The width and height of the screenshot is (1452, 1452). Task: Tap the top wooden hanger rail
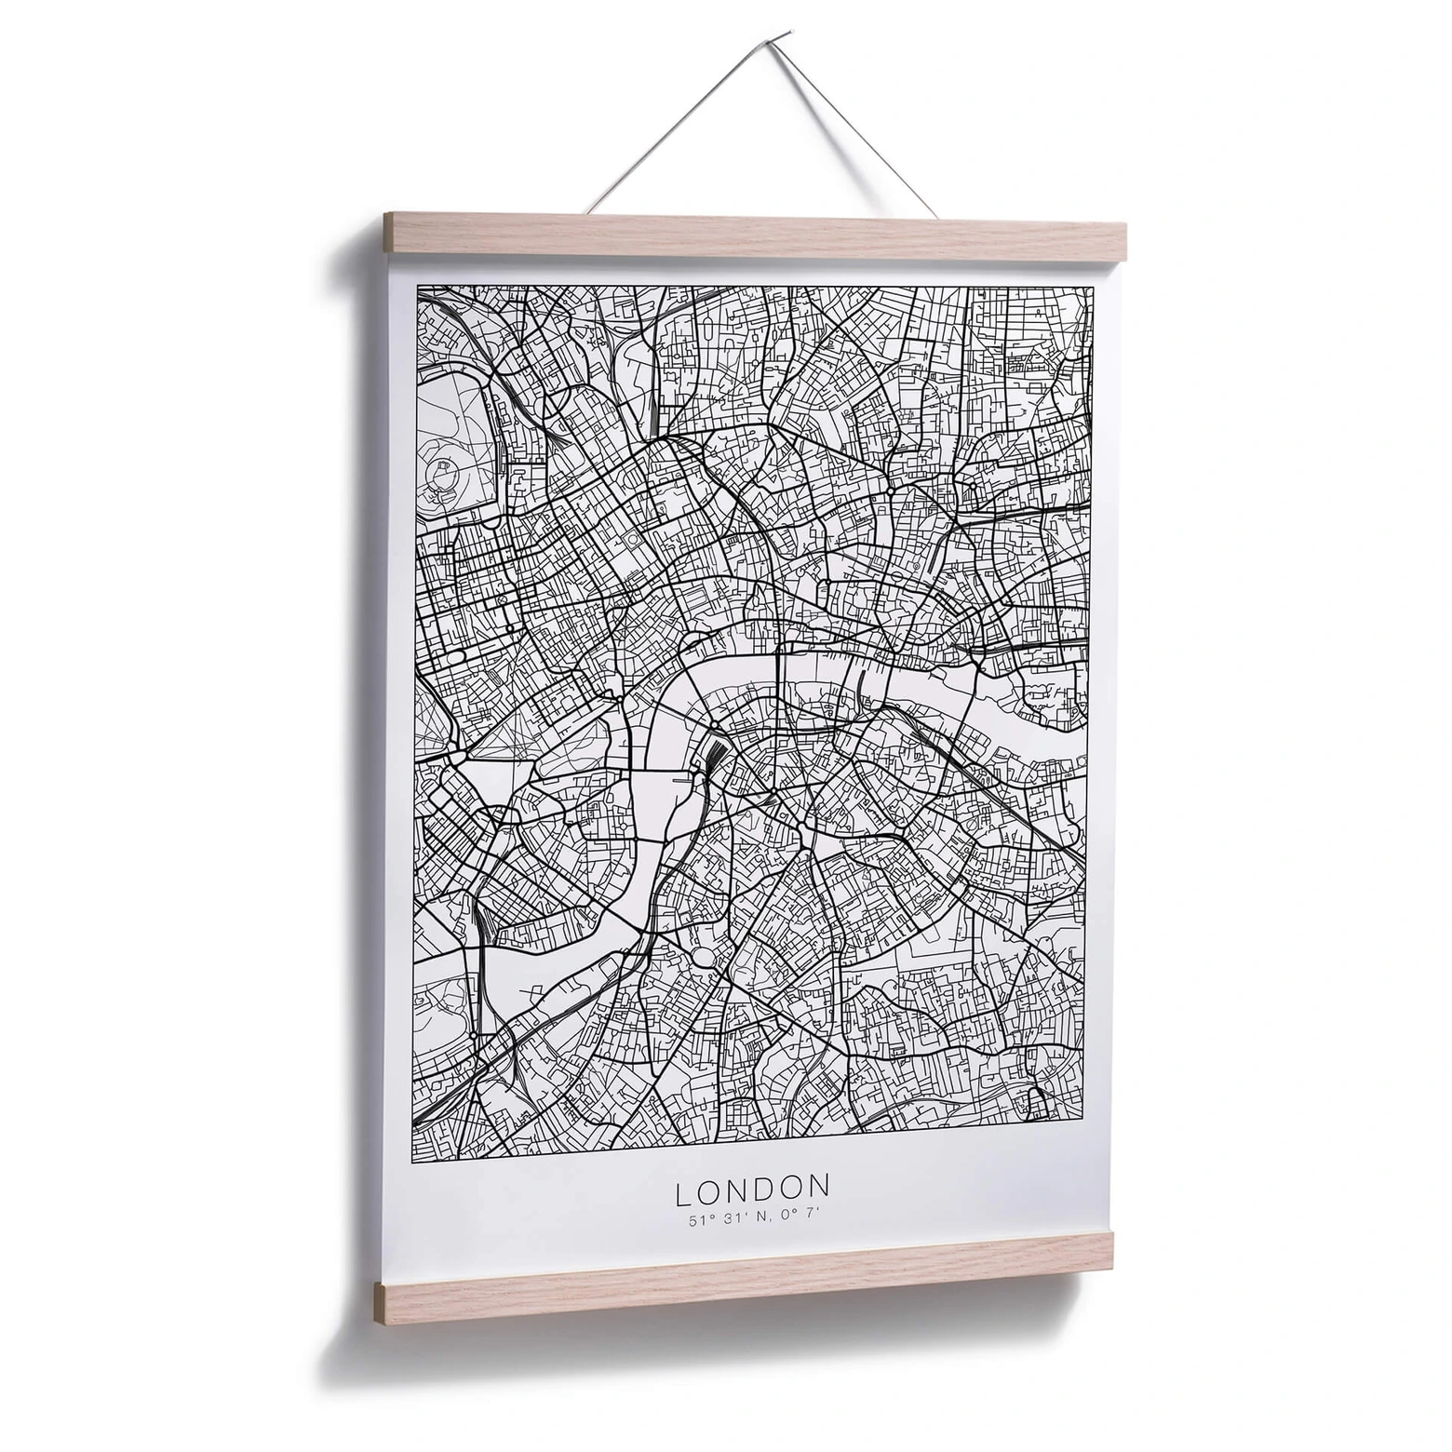click(755, 236)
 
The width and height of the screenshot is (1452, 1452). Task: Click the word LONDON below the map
click(752, 1189)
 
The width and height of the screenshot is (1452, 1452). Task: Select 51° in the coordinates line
click(700, 1220)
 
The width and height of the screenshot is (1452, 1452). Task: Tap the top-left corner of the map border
click(417, 287)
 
